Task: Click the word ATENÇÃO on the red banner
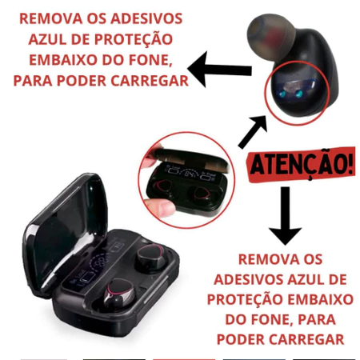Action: point(298,165)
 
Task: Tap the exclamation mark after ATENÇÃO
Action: point(351,162)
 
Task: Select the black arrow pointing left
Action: point(219,69)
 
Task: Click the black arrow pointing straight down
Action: point(285,215)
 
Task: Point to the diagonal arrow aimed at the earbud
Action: point(253,132)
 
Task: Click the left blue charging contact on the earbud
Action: point(282,94)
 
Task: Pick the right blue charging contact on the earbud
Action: point(299,94)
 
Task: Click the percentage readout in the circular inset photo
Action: point(191,174)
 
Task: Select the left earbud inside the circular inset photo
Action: point(163,186)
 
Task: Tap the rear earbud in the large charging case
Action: point(150,256)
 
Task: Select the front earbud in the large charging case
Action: point(118,294)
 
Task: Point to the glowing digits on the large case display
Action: point(102,262)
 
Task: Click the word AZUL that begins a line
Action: point(47,39)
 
